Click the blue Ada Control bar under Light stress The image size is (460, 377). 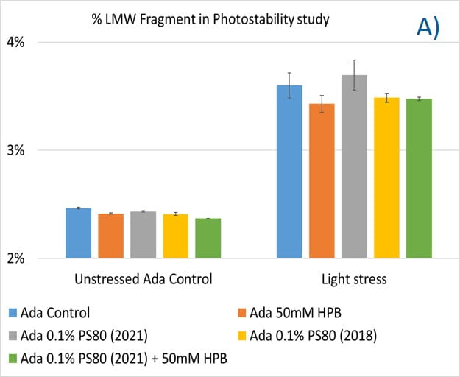[289, 172]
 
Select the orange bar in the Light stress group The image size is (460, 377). [322, 181]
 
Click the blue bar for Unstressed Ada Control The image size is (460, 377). [78, 233]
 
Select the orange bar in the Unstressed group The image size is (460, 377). [110, 236]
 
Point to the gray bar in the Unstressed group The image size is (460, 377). [143, 235]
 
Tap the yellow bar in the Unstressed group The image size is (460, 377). [176, 236]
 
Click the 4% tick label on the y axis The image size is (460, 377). [17, 42]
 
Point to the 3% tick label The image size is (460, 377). [17, 150]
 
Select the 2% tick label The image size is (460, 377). [17, 258]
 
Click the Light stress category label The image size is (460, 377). [354, 280]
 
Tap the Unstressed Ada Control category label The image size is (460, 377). [144, 280]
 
